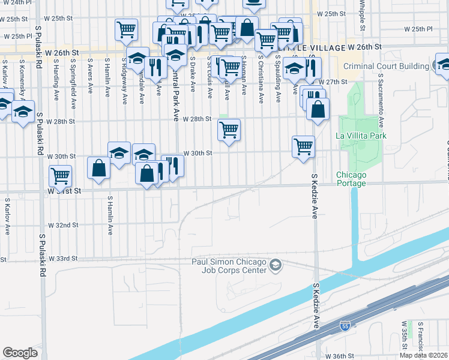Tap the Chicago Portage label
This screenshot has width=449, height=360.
[351, 179]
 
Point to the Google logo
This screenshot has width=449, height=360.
[20, 352]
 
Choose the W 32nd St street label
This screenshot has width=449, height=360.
[64, 225]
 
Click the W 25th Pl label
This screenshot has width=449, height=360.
[418, 29]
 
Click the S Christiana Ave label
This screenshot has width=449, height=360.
[261, 79]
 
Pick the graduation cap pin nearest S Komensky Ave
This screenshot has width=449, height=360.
[23, 112]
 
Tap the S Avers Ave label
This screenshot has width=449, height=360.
[90, 75]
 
